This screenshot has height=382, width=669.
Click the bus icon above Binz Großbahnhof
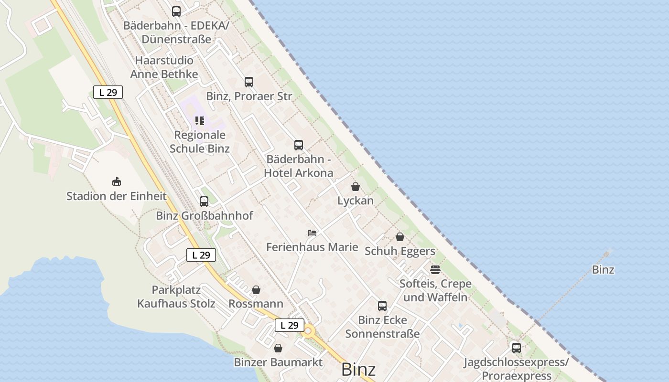coord(204,202)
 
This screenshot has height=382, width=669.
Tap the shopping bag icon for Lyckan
coord(356,187)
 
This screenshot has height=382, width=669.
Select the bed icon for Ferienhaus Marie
coord(312,233)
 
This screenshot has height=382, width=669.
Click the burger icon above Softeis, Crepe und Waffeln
coord(435,270)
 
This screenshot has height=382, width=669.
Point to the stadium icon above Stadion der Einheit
coord(116,181)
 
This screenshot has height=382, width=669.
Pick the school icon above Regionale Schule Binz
coord(200,121)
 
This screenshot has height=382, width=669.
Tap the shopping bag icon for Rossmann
coord(256,290)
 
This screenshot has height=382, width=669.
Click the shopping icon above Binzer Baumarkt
coord(278,348)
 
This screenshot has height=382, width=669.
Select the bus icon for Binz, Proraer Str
coord(249,82)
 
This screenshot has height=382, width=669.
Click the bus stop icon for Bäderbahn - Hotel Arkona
coord(299,145)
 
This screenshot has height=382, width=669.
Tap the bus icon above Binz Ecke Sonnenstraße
coord(382,306)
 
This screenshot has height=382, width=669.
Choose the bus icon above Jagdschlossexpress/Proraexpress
coord(517,348)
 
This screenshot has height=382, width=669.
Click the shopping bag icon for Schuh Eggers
coord(400,237)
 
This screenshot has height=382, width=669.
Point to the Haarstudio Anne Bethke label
coord(164,67)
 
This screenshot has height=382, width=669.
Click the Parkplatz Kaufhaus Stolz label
coord(176,297)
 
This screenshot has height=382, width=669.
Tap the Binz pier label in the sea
coord(603,270)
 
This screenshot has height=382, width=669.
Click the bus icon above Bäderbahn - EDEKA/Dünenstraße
coord(176,11)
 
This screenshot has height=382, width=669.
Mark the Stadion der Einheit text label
coord(116,196)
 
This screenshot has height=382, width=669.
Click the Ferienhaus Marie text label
coord(312,247)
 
